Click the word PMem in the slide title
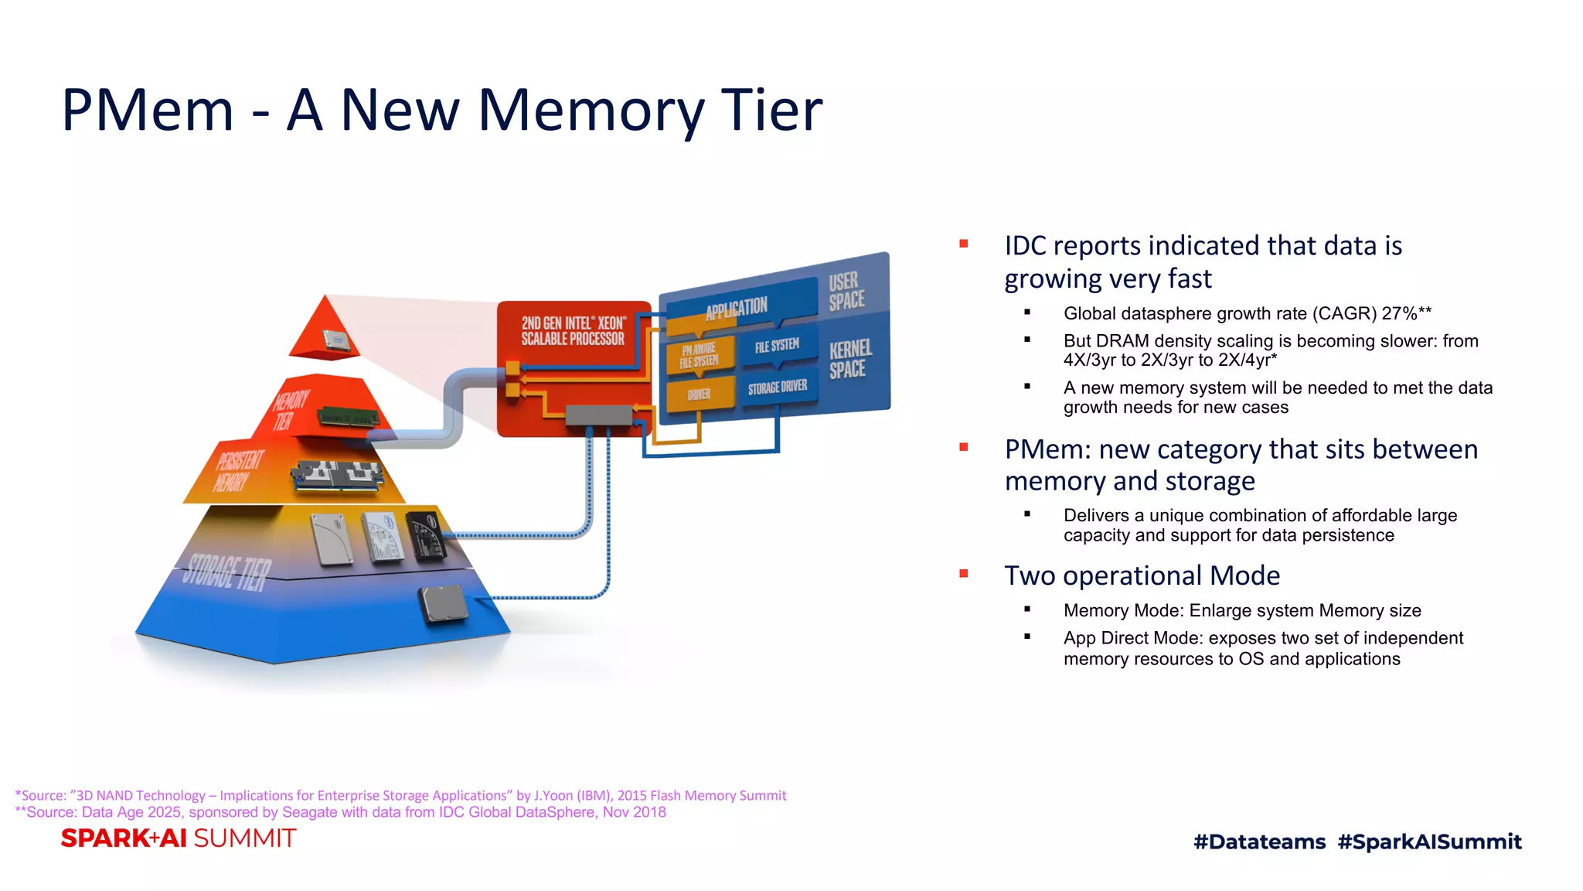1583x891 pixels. pos(147,111)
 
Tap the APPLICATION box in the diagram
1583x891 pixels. pos(737,308)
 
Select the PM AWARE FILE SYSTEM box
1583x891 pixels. pos(700,355)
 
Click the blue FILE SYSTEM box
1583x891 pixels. pos(777,345)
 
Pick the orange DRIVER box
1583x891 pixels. pos(699,394)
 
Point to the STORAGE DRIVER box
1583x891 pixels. pos(778,387)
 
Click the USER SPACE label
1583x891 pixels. pos(846,292)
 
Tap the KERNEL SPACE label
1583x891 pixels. pos(850,359)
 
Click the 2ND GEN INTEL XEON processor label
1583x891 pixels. pos(573,331)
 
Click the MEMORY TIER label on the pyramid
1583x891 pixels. pos(289,411)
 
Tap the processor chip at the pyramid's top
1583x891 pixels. pos(335,341)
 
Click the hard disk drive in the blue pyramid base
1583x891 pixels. pos(443,603)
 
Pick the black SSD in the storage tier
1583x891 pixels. pos(426,534)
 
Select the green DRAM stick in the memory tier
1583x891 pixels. pos(349,416)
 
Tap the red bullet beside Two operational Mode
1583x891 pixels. pos(964,573)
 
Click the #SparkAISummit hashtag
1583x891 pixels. pos(1429,841)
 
